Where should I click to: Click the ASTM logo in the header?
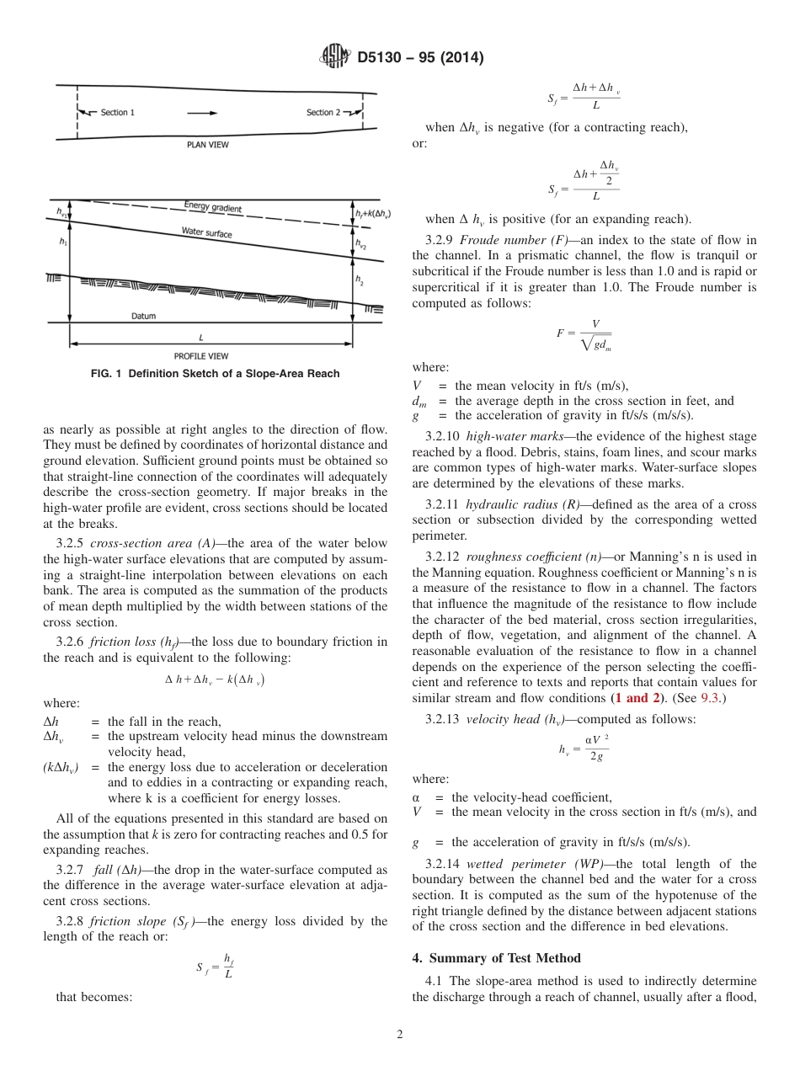(x=337, y=58)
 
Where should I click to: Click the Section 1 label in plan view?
(x=117, y=113)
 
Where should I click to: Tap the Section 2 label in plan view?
(x=323, y=113)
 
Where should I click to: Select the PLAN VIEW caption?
(x=207, y=145)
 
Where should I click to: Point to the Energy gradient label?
(x=212, y=207)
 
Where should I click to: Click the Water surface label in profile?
(x=206, y=232)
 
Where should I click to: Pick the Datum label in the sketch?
(x=143, y=317)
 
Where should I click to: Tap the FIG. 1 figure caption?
(x=215, y=374)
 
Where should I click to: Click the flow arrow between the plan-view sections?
(x=201, y=112)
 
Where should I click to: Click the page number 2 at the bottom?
(x=399, y=1035)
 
